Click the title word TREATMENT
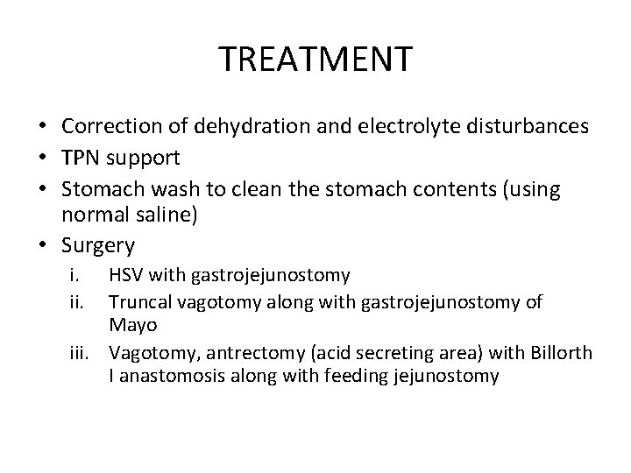point(315,60)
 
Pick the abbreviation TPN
point(78,159)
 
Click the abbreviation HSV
point(125,276)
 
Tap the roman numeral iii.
point(82,353)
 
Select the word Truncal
point(138,302)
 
